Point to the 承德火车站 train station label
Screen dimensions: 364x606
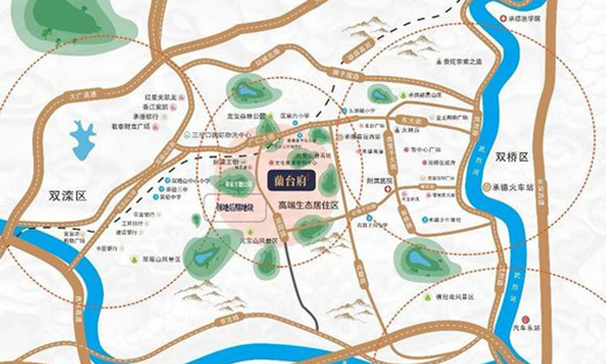coord(511,187)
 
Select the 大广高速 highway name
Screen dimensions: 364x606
coord(82,95)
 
